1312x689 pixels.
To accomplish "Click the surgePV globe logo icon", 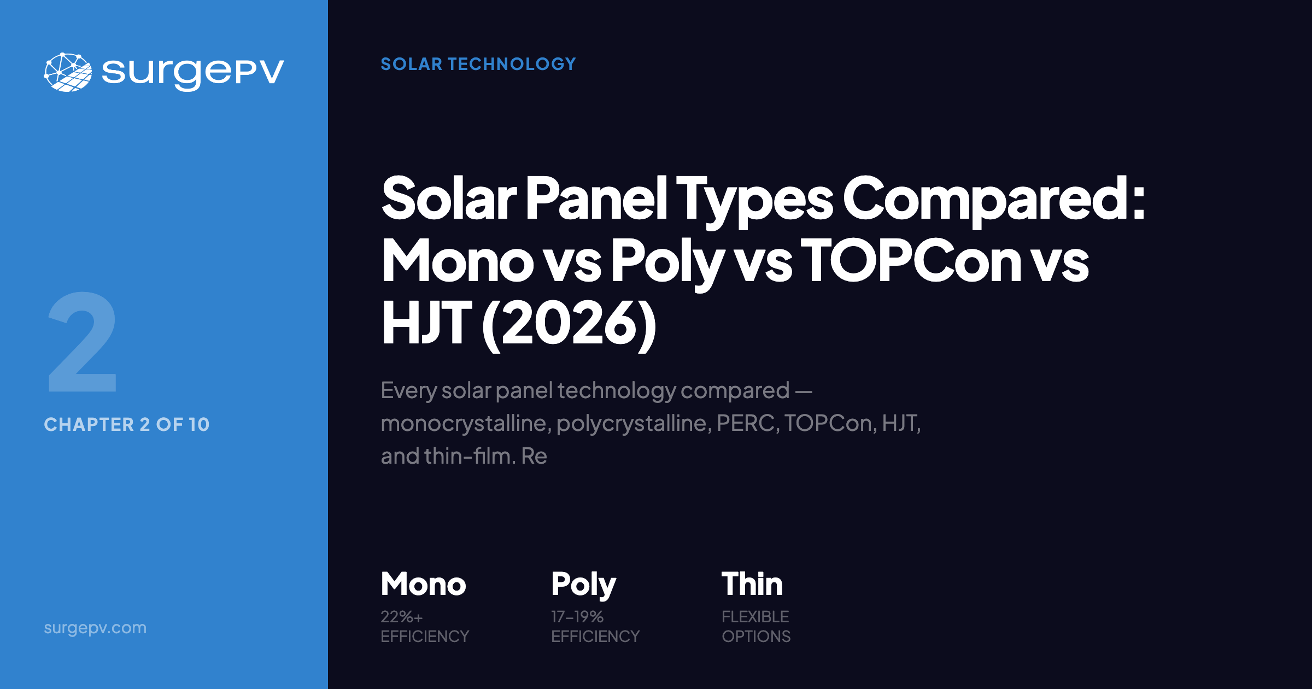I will (68, 72).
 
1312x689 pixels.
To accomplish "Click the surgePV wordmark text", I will (192, 72).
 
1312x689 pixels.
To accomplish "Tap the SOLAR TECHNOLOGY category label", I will (478, 64).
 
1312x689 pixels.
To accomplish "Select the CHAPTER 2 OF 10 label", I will (127, 424).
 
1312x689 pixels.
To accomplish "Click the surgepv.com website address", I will (95, 628).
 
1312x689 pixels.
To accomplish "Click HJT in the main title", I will (426, 324).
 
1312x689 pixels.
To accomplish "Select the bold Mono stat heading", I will (424, 584).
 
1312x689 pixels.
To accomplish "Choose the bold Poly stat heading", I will (583, 584).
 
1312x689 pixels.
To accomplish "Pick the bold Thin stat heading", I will (752, 584).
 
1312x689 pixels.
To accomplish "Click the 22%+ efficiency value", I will (402, 617).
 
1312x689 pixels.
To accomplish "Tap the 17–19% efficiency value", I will (577, 617).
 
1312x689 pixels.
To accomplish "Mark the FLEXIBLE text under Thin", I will (755, 617).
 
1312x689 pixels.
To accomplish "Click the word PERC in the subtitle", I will (746, 423).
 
